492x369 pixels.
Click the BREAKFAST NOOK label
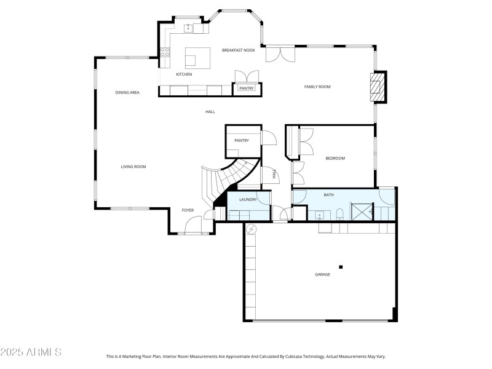pos(238,50)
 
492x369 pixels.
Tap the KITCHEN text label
pos(184,74)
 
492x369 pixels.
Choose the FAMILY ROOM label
pos(317,87)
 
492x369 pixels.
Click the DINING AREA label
pos(127,93)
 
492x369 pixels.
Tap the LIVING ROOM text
pos(133,167)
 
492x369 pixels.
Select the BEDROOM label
pos(335,159)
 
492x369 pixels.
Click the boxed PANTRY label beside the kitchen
pos(247,89)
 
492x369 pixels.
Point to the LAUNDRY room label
pos(248,199)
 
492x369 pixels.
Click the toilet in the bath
pos(339,214)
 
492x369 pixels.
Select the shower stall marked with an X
pos(360,212)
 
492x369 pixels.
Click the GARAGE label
pos(322,274)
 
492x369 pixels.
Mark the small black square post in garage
pos(341,267)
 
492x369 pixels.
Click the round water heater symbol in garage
pos(250,229)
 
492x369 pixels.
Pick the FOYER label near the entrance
pos(188,210)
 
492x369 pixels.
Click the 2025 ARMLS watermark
pos(31,352)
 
